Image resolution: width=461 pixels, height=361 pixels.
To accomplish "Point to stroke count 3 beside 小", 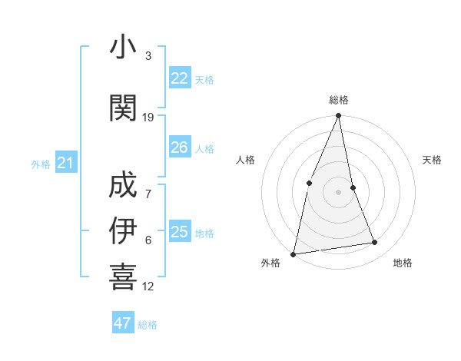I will coord(148,56).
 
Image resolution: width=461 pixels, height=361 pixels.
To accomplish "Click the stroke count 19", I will coord(148,117).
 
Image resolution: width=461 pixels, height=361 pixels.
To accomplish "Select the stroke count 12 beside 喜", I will coord(148,286).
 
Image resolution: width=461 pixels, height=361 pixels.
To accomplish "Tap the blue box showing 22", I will coord(179,78).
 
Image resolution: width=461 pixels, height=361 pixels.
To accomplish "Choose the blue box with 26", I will coord(179,147).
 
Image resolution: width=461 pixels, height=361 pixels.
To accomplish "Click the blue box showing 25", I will coord(179,232).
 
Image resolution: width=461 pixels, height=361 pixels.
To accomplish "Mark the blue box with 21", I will coord(65,162).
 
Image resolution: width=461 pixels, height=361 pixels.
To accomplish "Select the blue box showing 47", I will coord(122,323).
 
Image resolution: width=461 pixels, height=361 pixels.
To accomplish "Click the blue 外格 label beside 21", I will coord(41,164).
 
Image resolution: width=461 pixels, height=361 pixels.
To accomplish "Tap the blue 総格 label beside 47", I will coord(148,325).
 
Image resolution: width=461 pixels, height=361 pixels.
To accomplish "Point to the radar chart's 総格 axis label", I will coord(338,100).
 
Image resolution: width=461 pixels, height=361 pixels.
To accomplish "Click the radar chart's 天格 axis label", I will coord(432,160).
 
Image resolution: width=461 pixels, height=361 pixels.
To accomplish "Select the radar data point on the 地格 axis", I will coord(375,243).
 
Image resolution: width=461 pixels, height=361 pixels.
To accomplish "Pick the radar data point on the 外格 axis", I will coord(293,253).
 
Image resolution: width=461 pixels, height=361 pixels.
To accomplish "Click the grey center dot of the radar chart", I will coord(338,191).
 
